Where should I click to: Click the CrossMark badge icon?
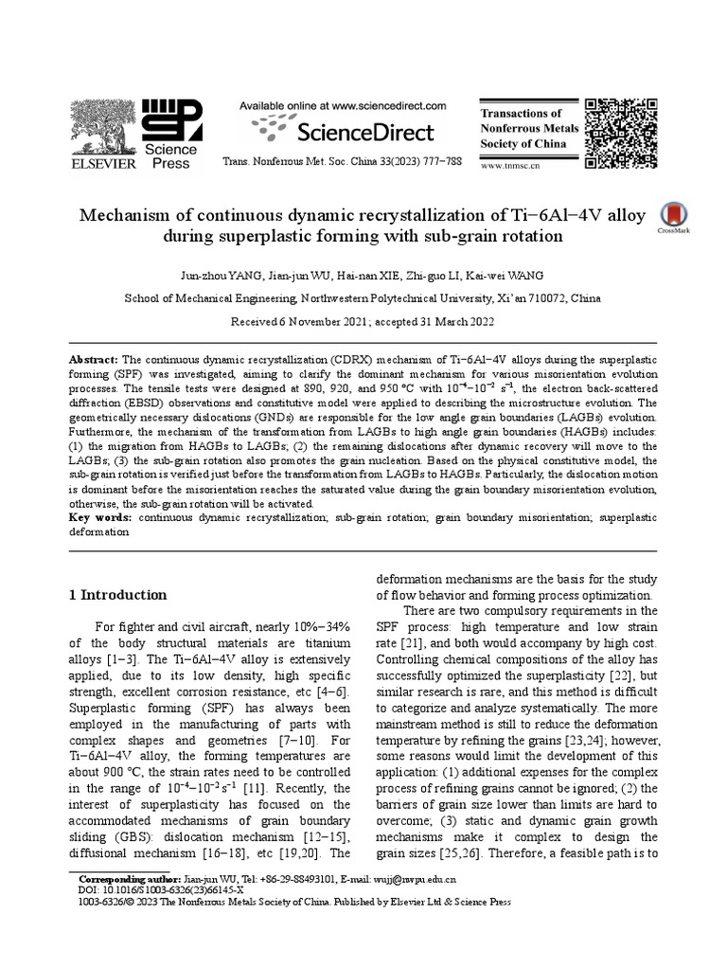[x=672, y=215]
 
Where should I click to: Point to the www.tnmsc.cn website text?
[x=512, y=166]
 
